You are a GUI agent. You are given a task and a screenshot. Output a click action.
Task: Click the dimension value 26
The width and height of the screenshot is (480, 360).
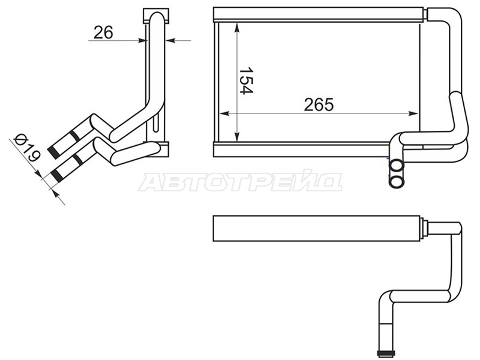click(103, 32)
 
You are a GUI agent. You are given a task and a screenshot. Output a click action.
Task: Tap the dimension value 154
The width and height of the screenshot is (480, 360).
click(246, 81)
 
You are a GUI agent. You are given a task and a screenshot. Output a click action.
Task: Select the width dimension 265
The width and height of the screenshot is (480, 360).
click(319, 104)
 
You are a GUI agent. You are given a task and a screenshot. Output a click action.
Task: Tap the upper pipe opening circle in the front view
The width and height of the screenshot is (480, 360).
click(397, 166)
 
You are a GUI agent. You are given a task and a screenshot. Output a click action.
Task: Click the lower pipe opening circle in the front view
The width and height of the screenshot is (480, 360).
click(397, 182)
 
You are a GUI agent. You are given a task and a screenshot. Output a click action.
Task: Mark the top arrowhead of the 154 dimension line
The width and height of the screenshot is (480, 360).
click(237, 27)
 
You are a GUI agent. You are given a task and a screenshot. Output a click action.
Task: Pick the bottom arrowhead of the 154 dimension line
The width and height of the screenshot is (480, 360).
click(237, 137)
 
